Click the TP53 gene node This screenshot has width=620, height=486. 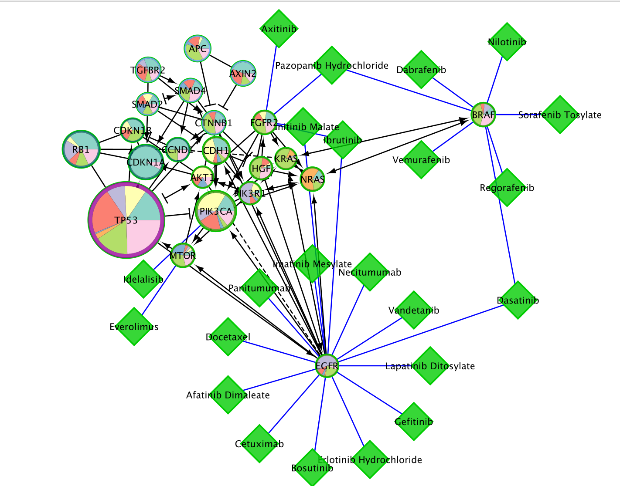coord(126,219)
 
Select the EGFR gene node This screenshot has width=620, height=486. coord(327,366)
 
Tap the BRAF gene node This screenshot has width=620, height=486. coord(484,115)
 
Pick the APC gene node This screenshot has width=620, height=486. coord(198,48)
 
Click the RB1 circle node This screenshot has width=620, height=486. coord(81,149)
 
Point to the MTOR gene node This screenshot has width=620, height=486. coord(183,255)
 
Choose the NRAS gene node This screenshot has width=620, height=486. coord(313,179)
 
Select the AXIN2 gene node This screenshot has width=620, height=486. coord(243,74)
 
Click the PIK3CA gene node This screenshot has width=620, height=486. coord(216,211)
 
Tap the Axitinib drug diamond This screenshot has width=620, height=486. coord(279,29)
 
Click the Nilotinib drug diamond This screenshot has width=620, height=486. coord(507,42)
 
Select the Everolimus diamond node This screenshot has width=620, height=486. coord(134,327)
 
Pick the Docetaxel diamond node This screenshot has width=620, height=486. coord(228,337)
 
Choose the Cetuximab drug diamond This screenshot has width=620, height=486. coord(260,444)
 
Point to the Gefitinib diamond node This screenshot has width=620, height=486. coord(414,421)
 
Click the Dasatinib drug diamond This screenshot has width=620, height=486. coord(518,300)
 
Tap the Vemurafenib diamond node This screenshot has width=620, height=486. coord(421,160)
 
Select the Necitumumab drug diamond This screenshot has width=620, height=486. coord(370,272)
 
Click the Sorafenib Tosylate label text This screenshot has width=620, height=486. coord(560,115)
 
